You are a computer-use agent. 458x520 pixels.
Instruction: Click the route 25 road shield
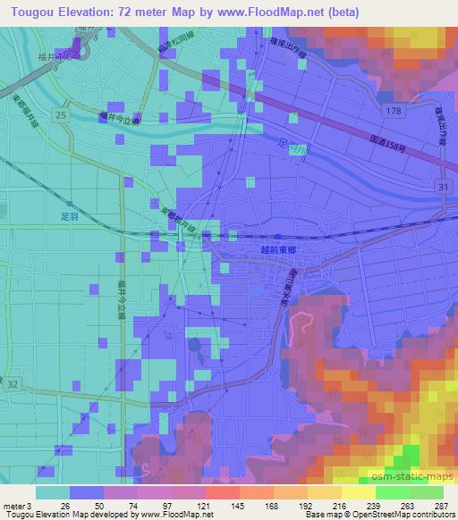click(x=59, y=116)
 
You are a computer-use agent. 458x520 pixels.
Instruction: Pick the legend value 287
click(x=438, y=506)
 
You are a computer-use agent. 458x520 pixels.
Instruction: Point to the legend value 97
click(x=165, y=506)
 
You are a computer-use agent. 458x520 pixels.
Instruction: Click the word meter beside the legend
click(x=13, y=506)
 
